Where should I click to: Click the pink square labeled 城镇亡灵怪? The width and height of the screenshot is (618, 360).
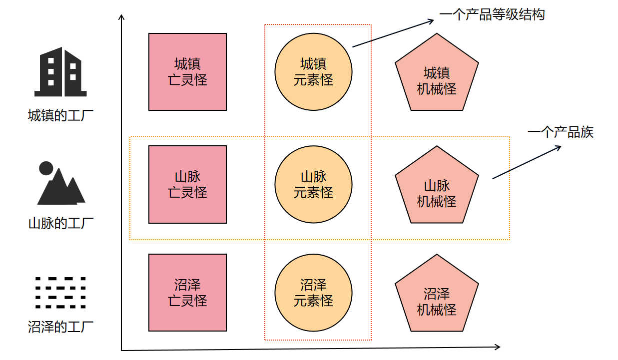(188, 72)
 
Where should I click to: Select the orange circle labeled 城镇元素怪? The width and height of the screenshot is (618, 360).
(313, 72)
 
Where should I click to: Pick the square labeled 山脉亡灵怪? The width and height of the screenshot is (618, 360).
(188, 184)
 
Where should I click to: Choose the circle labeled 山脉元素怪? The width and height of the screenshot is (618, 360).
(313, 184)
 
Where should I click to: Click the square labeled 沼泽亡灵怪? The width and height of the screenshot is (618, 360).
(188, 293)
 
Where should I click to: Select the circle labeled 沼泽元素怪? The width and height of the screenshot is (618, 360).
(313, 293)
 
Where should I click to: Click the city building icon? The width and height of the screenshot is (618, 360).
(60, 72)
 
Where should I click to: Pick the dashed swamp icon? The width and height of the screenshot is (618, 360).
(60, 293)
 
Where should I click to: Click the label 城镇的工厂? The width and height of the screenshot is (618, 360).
(60, 115)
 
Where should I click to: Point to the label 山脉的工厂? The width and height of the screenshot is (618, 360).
(61, 223)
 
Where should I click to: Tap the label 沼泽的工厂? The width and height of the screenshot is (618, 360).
(60, 327)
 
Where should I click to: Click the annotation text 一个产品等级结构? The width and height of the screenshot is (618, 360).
(492, 14)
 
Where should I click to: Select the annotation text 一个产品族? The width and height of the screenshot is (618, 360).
(561, 132)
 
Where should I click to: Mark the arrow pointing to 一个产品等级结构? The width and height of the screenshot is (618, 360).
(393, 33)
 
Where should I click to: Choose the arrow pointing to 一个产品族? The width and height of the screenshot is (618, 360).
(527, 162)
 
